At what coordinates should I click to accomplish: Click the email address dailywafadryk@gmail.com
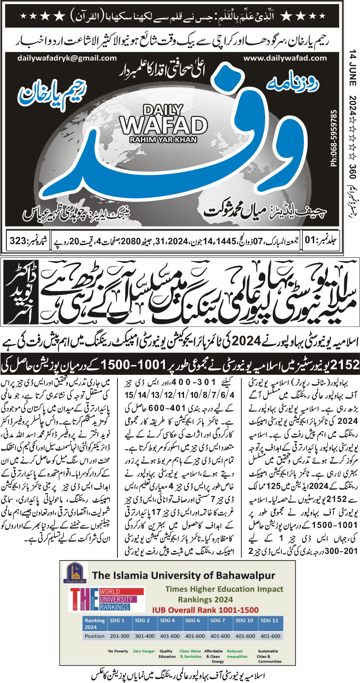67,58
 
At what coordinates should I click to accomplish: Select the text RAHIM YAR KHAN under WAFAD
164,140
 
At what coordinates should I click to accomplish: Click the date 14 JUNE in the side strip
352,68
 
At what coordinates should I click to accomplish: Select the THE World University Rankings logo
105,600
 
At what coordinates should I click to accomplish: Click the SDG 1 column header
117,620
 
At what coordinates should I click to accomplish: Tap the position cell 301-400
145,636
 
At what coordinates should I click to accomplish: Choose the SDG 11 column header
269,620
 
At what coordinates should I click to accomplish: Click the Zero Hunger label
143,651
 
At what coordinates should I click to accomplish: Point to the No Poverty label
118,651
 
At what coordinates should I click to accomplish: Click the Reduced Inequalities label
237,654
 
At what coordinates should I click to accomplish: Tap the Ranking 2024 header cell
94,623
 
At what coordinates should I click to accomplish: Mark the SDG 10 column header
244,620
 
